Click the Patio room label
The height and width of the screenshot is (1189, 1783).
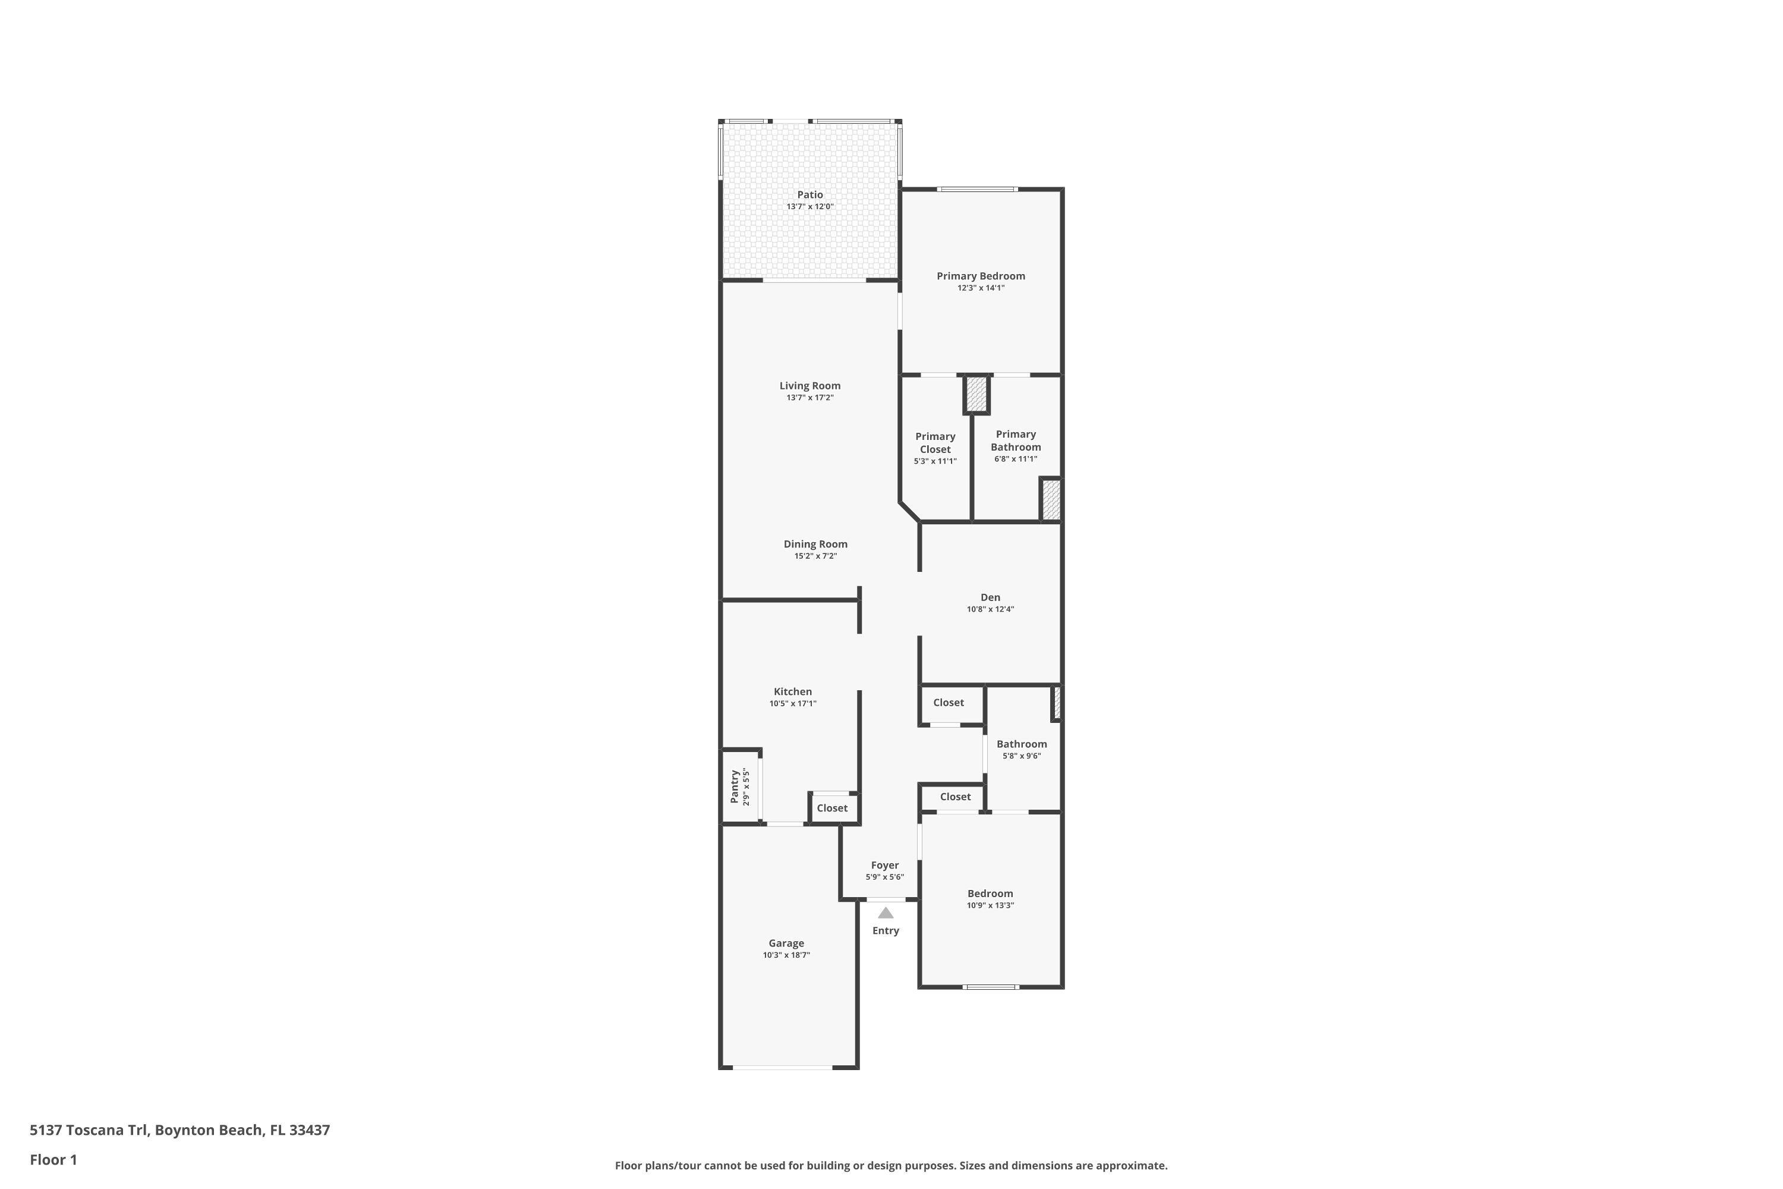click(809, 195)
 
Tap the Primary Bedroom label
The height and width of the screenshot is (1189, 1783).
click(980, 276)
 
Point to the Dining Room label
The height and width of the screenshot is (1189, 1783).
click(815, 544)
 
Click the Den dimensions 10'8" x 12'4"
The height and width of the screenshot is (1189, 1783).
click(990, 609)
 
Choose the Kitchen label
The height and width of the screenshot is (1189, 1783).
click(792, 691)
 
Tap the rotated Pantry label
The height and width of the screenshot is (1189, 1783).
click(734, 787)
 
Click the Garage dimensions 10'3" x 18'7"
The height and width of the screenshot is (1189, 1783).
click(786, 955)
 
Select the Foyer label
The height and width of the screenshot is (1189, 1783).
click(885, 865)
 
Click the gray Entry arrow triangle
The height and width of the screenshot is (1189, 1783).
click(886, 913)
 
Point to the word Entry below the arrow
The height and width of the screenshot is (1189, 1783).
click(886, 930)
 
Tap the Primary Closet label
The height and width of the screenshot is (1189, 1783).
click(935, 443)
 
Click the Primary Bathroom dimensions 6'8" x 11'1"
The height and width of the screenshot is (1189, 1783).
click(1016, 459)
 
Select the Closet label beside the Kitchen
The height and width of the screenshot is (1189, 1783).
click(831, 809)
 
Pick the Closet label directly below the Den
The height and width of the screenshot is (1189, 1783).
click(949, 703)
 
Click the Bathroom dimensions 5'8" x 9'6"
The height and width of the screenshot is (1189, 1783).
click(1021, 756)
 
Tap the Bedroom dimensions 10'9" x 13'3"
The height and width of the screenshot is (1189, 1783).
click(990, 905)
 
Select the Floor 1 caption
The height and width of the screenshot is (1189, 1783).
click(53, 1159)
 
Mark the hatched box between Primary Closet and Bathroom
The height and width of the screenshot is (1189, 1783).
click(976, 394)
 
